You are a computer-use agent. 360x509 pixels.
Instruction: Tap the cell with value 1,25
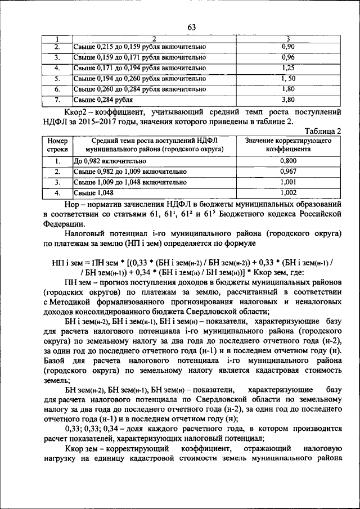point(288,67)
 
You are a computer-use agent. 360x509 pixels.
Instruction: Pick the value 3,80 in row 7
point(288,100)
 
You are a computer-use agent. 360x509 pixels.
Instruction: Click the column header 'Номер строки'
point(57,145)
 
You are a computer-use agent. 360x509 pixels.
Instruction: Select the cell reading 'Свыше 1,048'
point(93,193)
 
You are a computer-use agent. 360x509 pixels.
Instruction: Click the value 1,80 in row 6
point(288,89)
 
